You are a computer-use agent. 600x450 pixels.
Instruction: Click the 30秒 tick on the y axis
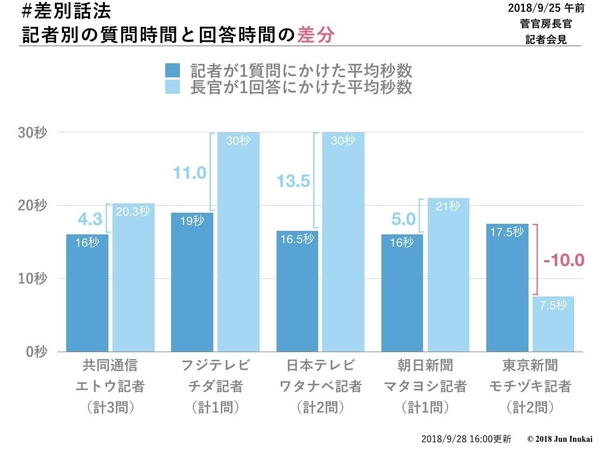point(33,132)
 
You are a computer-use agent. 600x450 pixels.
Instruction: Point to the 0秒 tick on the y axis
point(36,352)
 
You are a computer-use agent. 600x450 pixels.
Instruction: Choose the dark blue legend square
point(173,71)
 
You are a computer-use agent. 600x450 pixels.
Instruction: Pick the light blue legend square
point(173,87)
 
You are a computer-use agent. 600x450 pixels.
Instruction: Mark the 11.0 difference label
point(189,173)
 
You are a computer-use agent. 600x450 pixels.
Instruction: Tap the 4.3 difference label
point(90,220)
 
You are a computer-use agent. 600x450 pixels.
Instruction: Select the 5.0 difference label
point(403,220)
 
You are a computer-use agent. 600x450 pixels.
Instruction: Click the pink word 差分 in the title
point(316,35)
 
